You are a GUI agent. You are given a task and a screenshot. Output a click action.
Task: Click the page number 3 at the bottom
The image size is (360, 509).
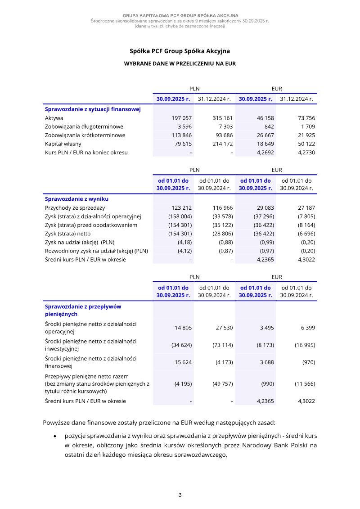(180, 495)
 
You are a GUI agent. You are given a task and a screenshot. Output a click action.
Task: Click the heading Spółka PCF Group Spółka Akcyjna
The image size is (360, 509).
(180, 51)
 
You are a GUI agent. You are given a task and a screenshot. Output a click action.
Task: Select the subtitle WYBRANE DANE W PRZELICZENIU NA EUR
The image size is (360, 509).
(180, 64)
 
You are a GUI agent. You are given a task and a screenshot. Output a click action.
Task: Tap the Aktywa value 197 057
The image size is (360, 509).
(182, 118)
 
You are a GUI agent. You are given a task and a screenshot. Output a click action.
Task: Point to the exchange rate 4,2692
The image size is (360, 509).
(265, 153)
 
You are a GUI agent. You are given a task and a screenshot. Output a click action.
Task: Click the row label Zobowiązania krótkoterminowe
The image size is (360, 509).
(85, 135)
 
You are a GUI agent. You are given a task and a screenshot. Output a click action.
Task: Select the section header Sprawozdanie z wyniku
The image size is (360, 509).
(76, 199)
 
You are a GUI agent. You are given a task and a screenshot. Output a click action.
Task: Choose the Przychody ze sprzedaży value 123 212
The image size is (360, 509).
(182, 208)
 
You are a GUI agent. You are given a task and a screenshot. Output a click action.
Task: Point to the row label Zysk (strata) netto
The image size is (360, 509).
(67, 234)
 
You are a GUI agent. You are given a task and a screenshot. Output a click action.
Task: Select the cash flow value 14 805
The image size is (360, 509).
(183, 328)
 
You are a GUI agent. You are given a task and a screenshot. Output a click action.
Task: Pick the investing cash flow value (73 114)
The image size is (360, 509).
(222, 345)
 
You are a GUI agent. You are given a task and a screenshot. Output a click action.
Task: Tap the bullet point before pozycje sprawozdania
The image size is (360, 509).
(55, 437)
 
